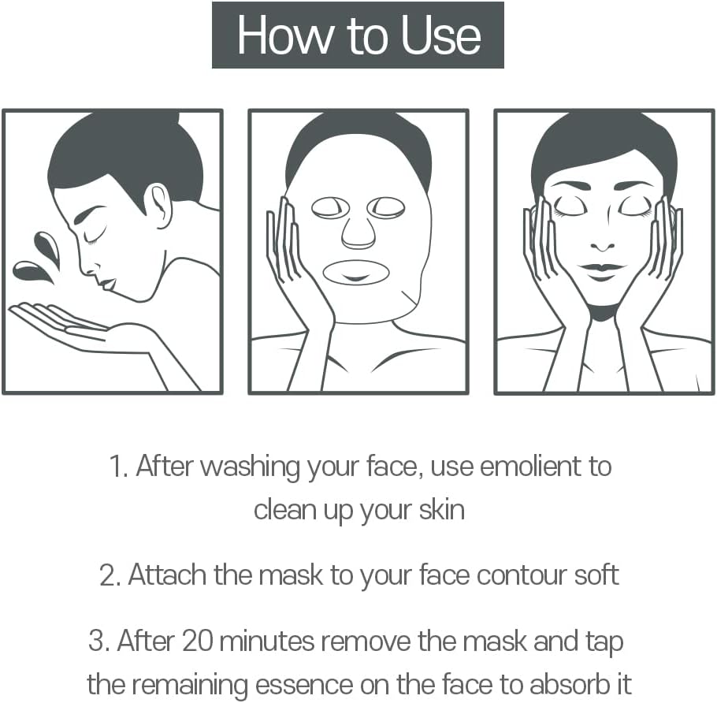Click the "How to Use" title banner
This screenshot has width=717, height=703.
click(x=358, y=35)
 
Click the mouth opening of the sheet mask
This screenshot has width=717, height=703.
click(x=356, y=273)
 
